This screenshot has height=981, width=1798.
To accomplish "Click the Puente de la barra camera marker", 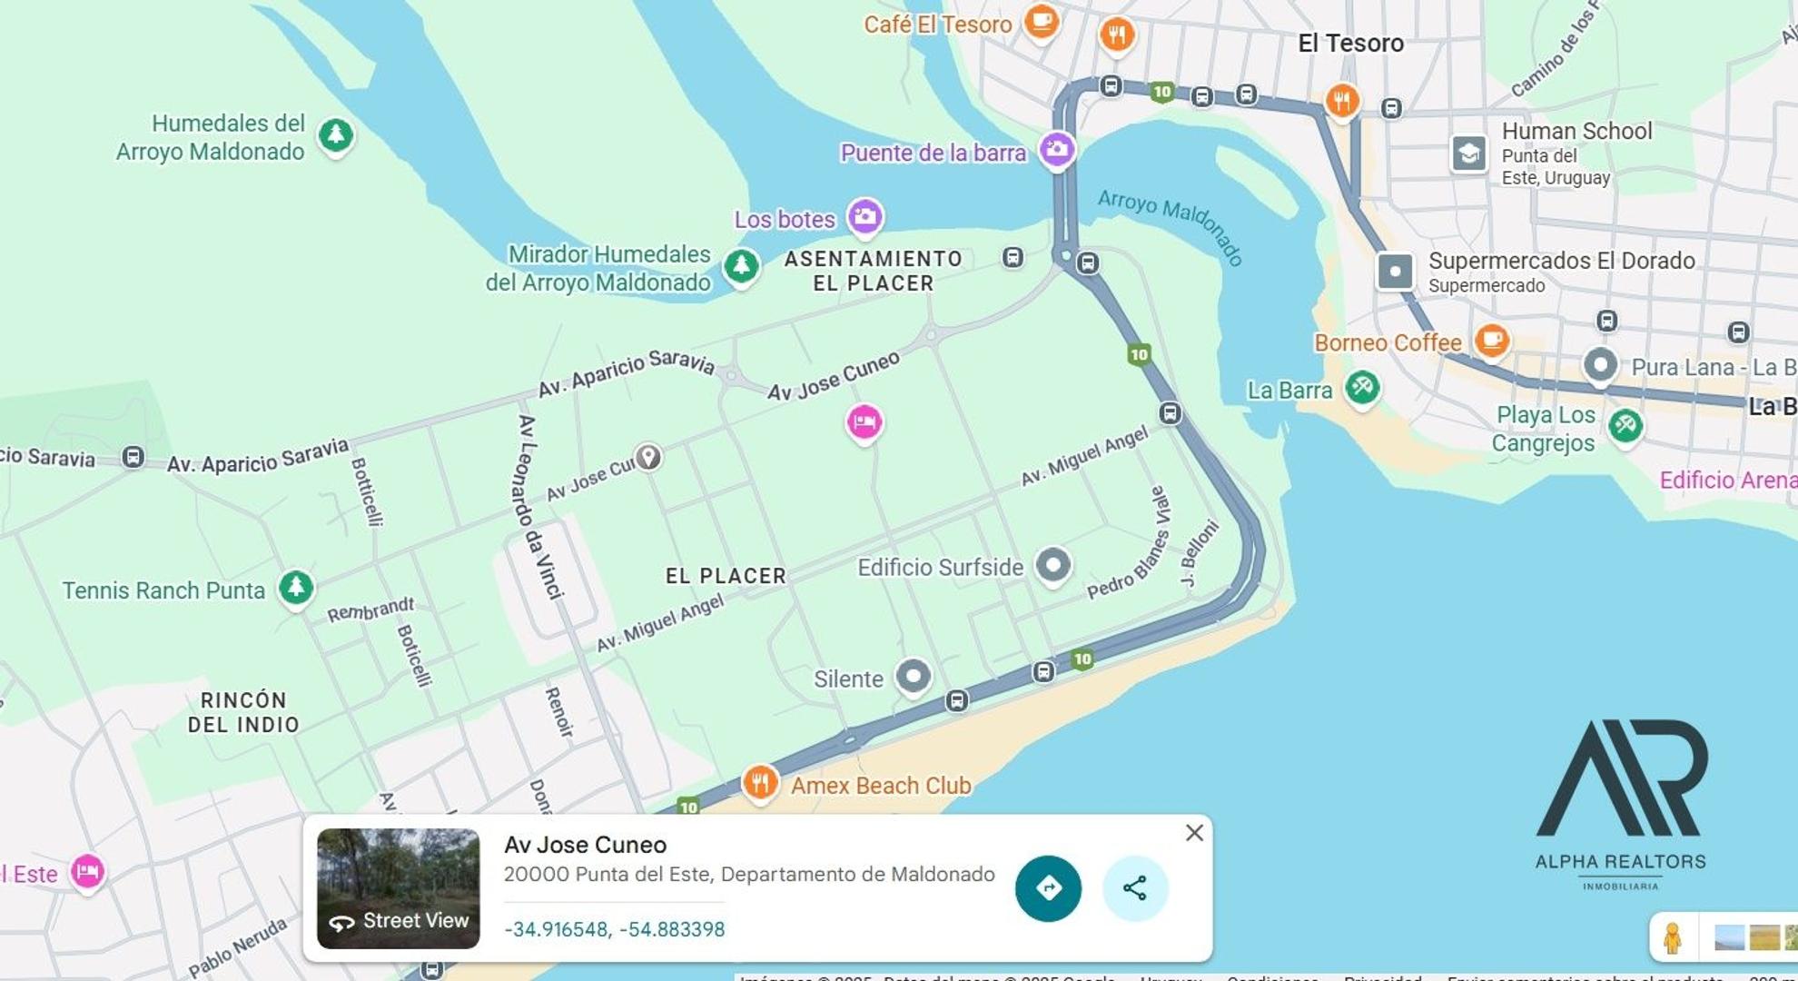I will [x=1056, y=149].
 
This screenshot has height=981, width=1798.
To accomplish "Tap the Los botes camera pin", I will [x=864, y=216].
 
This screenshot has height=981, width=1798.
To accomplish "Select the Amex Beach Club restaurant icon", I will [x=759, y=781].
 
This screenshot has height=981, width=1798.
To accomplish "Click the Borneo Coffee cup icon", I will [x=1491, y=341].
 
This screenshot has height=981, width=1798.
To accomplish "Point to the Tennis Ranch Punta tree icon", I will [x=295, y=587].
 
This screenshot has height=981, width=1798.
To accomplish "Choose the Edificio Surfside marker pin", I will [x=1052, y=565].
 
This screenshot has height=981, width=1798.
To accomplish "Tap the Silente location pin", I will [x=913, y=676].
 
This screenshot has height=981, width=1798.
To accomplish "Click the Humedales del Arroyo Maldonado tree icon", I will [x=335, y=135].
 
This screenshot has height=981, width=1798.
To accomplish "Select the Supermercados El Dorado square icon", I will [x=1395, y=271].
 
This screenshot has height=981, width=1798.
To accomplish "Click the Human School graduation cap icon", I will [x=1468, y=154].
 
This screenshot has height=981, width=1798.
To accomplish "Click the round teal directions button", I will [x=1048, y=887].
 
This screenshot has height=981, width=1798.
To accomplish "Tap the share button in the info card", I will [x=1134, y=887].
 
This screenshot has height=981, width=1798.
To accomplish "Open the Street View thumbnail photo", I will [x=398, y=887].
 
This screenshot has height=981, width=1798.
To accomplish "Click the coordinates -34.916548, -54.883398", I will [x=614, y=929].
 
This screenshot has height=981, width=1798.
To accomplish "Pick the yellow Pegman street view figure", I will [x=1672, y=937].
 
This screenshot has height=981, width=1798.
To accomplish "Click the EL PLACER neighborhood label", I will [x=726, y=576].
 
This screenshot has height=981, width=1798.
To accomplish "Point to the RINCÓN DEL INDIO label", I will [x=242, y=712].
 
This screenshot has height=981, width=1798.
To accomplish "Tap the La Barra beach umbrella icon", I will [x=1361, y=387].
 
